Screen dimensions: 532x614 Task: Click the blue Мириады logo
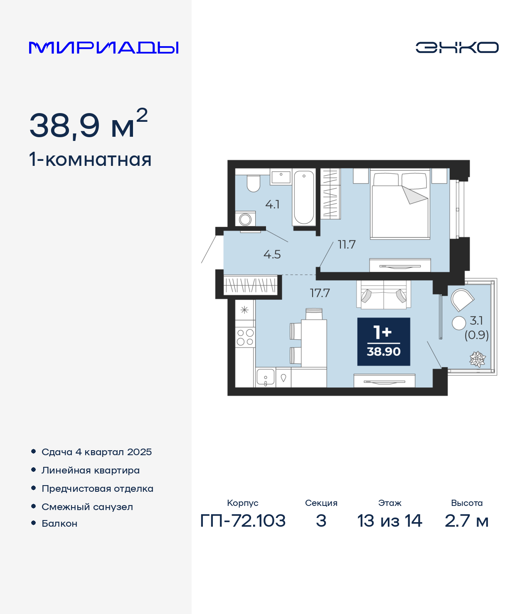click(103, 47)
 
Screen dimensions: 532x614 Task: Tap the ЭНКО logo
click(457, 47)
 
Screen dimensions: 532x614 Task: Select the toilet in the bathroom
click(254, 183)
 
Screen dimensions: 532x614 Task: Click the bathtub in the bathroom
click(303, 197)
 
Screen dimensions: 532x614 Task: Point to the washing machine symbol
click(245, 219)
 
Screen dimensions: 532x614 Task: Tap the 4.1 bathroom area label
click(272, 205)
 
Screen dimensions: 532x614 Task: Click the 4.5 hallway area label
click(272, 254)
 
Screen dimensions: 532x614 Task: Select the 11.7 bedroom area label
click(347, 244)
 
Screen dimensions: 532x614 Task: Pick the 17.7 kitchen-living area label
click(320, 293)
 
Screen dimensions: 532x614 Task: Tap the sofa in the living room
click(384, 294)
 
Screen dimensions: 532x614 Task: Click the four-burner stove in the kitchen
click(245, 337)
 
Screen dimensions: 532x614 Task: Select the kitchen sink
click(265, 377)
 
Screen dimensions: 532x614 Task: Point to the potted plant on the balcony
click(477, 359)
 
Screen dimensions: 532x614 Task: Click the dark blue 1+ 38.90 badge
click(384, 342)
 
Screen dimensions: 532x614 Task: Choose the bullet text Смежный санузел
click(87, 507)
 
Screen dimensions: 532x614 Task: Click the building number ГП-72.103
click(243, 521)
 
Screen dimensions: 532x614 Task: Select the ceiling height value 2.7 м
click(467, 521)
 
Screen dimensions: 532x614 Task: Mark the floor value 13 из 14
click(390, 521)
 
